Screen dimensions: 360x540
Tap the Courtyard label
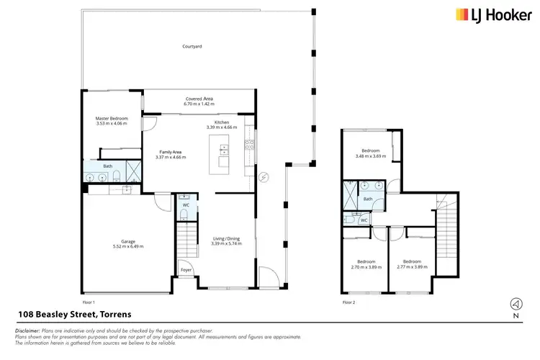coord(192,46)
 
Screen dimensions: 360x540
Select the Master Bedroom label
coord(112,118)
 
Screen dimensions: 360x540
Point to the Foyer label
coord(186,270)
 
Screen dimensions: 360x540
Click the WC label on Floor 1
coord(186,205)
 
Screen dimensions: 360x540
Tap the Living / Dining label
coord(227,239)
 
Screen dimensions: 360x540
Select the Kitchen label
coord(222,122)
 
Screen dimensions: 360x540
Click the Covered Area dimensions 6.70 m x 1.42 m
coord(199,104)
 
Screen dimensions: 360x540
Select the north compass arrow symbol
coord(515,303)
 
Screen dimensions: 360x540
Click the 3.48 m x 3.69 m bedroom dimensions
coord(371,156)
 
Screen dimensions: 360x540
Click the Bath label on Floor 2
coord(367,199)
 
